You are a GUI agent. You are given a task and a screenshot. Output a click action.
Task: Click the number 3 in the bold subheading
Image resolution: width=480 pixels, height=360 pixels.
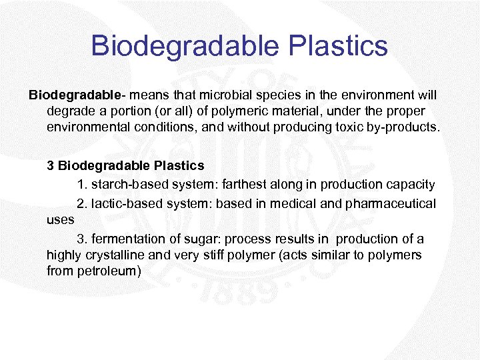click(50, 165)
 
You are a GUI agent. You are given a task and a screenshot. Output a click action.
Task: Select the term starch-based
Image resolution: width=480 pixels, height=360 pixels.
click(124, 184)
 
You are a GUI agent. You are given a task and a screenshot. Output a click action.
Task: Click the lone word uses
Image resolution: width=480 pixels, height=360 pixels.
click(60, 219)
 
